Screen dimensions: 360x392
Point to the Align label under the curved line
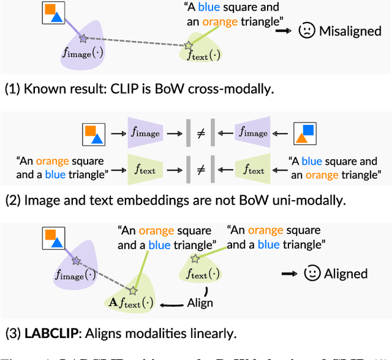pos(200,302)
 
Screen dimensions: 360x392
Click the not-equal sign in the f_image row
pos(199,133)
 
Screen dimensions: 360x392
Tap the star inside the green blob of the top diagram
pos(188,46)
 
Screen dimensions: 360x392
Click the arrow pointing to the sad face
pos(283,30)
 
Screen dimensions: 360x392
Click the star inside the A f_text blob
pos(134,288)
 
